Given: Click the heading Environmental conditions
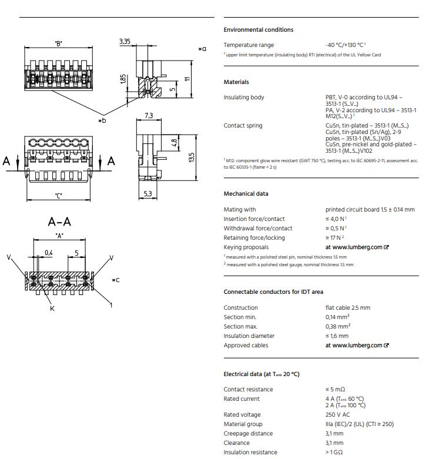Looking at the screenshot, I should (258, 30).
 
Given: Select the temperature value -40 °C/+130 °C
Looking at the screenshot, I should (346, 45).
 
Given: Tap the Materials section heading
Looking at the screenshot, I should (236, 82).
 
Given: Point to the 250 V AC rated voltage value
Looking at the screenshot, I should (339, 415).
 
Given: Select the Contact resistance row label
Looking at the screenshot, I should (248, 390).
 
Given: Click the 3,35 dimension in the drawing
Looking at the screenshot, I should (125, 42).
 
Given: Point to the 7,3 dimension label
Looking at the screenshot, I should (148, 116).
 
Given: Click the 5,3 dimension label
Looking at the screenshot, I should (147, 193).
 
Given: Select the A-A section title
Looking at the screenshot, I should (59, 222).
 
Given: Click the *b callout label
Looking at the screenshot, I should (102, 120).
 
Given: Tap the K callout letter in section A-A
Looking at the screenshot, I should (51, 308).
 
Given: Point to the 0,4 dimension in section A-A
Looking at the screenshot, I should (48, 253).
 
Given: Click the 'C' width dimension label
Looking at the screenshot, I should (59, 195).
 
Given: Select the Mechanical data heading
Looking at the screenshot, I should (246, 194).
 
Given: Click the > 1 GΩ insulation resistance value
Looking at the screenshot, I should (334, 453).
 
